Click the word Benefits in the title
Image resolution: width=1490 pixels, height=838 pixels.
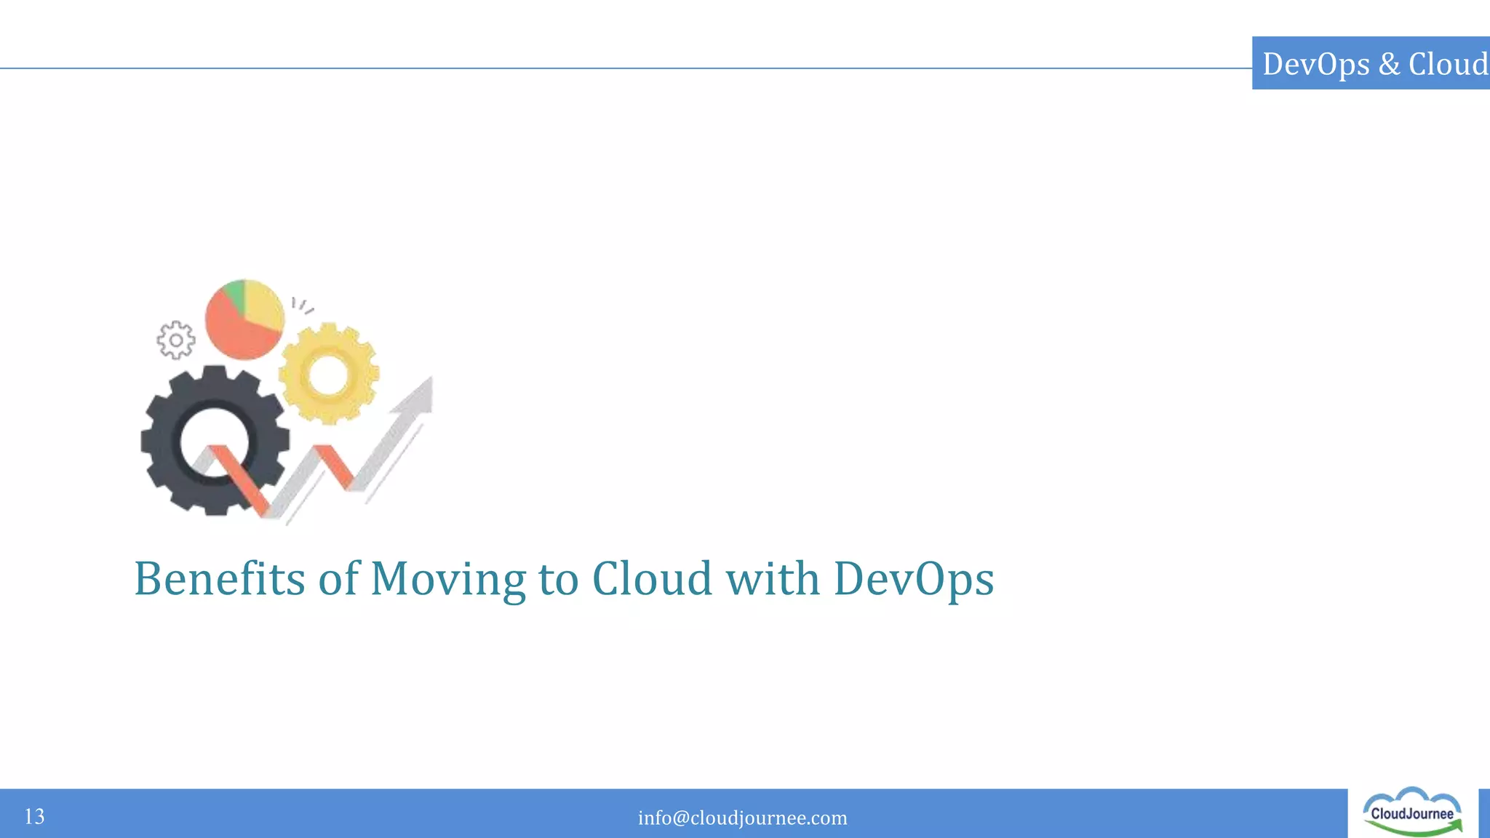(219, 579)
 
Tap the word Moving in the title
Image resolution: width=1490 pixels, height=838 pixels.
(447, 579)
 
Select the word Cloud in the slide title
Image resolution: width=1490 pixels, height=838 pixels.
(652, 579)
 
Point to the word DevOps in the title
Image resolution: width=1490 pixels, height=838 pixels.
(913, 579)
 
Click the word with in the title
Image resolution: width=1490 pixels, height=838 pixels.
(773, 579)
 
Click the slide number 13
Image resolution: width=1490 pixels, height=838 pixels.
(34, 816)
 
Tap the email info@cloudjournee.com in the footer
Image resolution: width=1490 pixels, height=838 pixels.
(742, 818)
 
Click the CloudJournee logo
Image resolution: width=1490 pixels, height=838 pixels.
(1412, 813)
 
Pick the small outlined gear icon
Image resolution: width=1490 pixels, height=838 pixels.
(176, 340)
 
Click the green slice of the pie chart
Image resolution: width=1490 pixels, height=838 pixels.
(235, 292)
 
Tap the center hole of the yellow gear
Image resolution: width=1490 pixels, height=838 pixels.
(329, 374)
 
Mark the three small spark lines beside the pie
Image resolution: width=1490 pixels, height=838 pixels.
(301, 306)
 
